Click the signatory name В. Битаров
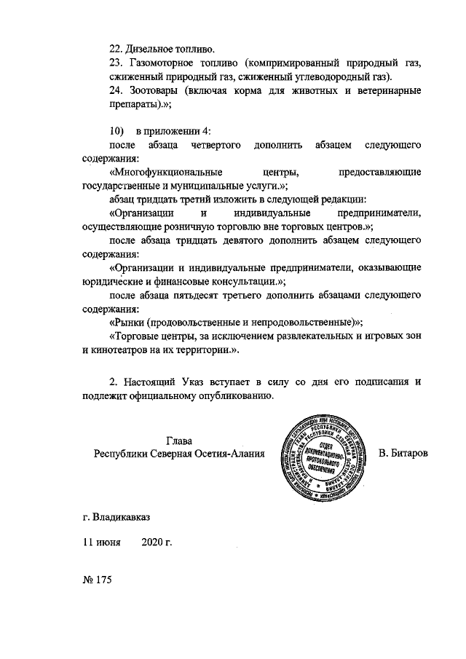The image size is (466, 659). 404,454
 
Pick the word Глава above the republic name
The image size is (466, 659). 179,441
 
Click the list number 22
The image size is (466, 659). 116,50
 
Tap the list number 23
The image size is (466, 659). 116,63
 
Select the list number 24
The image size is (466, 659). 116,91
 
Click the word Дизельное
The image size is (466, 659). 150,50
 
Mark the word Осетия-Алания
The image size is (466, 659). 227,454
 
